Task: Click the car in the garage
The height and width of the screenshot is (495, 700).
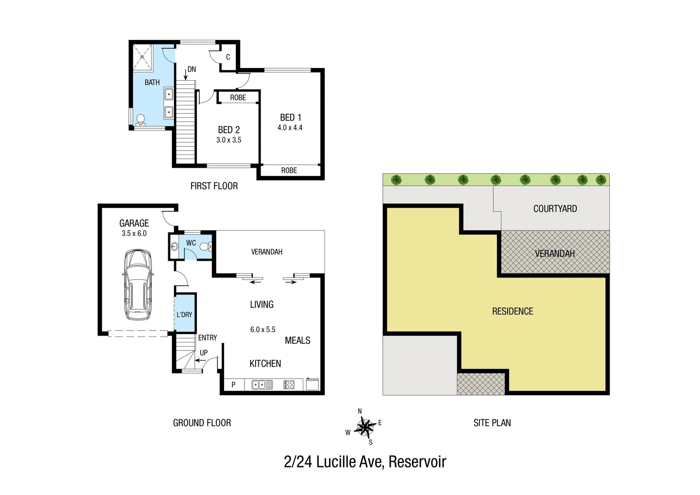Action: click(x=137, y=285)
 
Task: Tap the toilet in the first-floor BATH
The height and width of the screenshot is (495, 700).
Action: click(x=141, y=119)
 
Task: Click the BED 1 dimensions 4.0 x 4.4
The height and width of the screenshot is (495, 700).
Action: click(x=290, y=128)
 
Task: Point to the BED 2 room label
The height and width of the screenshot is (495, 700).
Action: click(x=229, y=130)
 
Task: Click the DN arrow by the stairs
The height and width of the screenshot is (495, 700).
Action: click(x=186, y=73)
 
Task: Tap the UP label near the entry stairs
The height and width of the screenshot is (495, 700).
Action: click(x=203, y=353)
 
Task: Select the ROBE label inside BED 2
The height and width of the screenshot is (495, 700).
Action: click(x=238, y=98)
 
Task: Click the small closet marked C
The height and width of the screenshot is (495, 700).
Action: click(x=228, y=57)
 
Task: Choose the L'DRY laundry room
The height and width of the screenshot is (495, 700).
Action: click(x=185, y=314)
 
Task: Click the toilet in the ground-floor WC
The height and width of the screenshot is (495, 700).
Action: click(x=206, y=247)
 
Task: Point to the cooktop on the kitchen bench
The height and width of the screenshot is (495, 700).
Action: click(x=289, y=385)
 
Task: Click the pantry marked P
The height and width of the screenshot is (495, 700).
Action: click(x=233, y=385)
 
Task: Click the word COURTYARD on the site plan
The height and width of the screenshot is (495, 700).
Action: click(x=555, y=209)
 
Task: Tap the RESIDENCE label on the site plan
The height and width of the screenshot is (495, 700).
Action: click(x=512, y=312)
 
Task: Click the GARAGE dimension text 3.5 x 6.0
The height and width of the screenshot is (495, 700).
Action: click(x=134, y=233)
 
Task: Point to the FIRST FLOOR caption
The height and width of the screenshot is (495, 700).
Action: click(x=214, y=186)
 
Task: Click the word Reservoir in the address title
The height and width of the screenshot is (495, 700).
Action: click(x=417, y=462)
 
